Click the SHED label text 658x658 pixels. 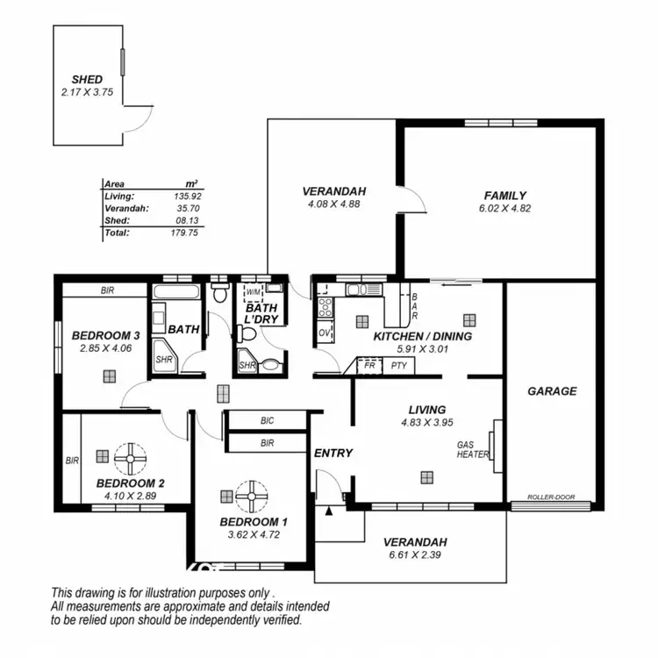(x=88, y=79)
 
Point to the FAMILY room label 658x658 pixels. (x=504, y=196)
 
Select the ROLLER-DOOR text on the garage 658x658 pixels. (x=551, y=497)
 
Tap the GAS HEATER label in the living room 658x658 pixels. (x=467, y=450)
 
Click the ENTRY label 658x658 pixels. (x=333, y=454)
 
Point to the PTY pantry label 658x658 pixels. (x=398, y=366)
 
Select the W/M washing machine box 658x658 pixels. (x=254, y=292)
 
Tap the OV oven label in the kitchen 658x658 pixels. (x=323, y=333)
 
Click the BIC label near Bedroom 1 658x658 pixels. (x=268, y=421)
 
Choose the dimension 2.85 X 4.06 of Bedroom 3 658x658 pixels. (x=105, y=347)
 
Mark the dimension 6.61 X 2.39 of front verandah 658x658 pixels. (x=415, y=554)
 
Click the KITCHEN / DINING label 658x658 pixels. (x=422, y=336)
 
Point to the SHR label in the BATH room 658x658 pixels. (x=162, y=360)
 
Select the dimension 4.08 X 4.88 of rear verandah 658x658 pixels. (x=333, y=204)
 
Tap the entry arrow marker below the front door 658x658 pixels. (x=329, y=510)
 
